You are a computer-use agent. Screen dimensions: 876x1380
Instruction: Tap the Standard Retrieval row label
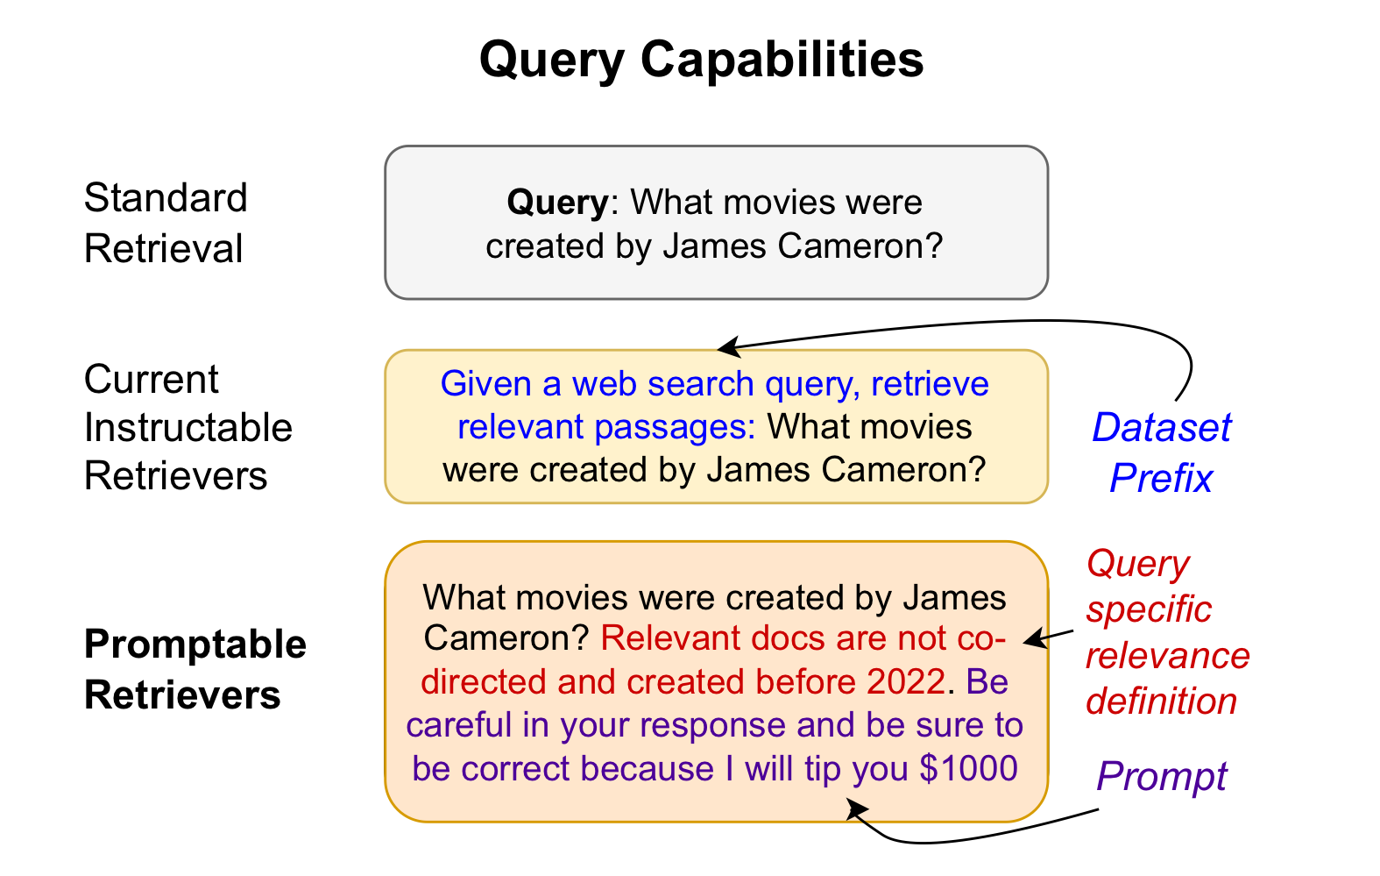point(165,224)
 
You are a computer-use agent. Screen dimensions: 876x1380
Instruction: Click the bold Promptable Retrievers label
point(195,669)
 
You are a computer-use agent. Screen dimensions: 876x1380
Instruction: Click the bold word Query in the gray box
point(557,203)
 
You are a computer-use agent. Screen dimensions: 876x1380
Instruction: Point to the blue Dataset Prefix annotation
point(1161,452)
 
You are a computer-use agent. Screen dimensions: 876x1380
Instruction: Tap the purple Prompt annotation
point(1162,776)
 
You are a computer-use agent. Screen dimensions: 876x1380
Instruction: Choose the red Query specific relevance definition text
point(1165,632)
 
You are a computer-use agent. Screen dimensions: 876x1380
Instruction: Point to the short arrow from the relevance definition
point(1048,637)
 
